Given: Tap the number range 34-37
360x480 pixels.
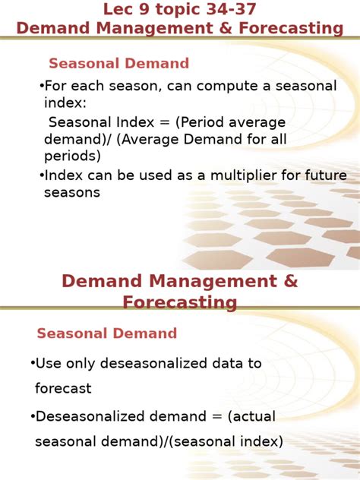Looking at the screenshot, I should (231, 9).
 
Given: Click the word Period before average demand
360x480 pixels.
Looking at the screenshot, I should (189, 122).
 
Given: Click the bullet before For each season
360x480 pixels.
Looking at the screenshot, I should (41, 87).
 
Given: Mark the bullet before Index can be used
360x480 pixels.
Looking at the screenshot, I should (41, 175).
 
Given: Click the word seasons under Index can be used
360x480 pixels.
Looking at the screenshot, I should (72, 193).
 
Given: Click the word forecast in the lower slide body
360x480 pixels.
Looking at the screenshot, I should (63, 389).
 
